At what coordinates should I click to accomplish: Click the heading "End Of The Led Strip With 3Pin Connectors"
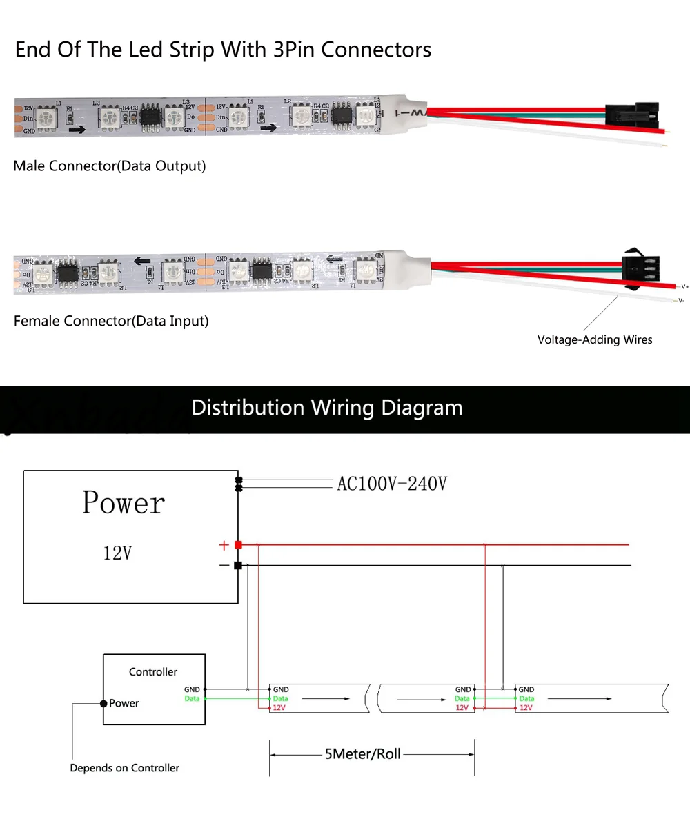click(x=223, y=50)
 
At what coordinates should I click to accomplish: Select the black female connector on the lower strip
click(x=640, y=266)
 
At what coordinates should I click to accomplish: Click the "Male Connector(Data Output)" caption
click(x=109, y=166)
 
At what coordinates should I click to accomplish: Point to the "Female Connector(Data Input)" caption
click(x=111, y=321)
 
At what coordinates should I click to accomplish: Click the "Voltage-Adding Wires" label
click(x=594, y=339)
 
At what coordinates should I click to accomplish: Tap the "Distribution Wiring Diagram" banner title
click(x=327, y=407)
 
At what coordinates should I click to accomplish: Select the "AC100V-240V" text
click(x=391, y=484)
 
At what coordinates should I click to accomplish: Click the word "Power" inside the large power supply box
click(x=124, y=503)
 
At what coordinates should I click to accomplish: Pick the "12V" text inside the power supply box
click(x=117, y=553)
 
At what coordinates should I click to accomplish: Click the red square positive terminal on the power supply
click(x=238, y=545)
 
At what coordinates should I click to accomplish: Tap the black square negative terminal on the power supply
click(x=238, y=565)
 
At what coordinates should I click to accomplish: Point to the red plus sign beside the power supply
click(x=224, y=545)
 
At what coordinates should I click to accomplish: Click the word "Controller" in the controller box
click(x=153, y=671)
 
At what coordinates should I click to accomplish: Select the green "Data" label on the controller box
click(x=192, y=699)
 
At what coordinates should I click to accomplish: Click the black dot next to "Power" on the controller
click(x=103, y=703)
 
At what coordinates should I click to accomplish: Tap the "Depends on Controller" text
click(x=124, y=768)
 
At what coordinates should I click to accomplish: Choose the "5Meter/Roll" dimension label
click(x=362, y=754)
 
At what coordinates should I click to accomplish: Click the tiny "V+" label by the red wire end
click(x=684, y=286)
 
